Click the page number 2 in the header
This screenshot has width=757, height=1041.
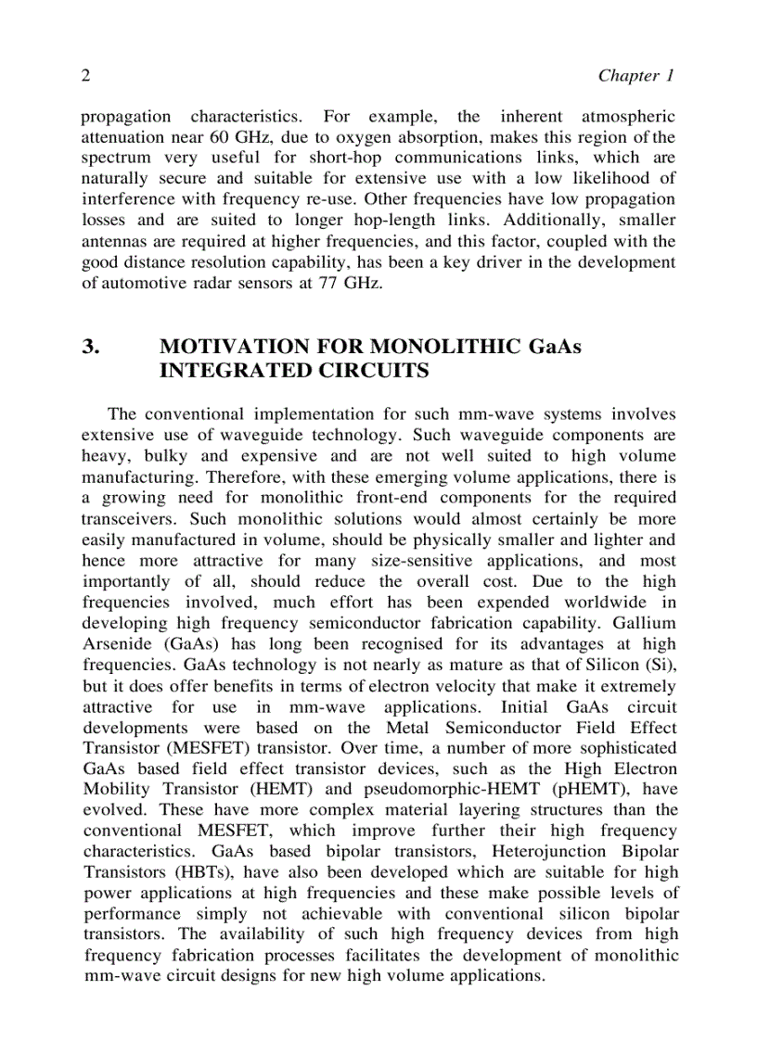(85, 76)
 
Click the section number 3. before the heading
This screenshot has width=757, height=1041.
(91, 347)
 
